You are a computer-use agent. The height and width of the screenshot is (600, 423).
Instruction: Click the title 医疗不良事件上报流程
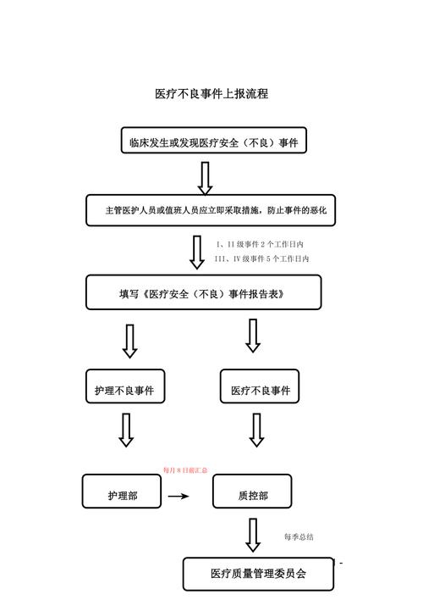click(211, 94)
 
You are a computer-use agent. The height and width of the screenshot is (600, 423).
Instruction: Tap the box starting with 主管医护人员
click(211, 210)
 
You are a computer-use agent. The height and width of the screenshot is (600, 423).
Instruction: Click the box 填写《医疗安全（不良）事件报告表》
click(203, 293)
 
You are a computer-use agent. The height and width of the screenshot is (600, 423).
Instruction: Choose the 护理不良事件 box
click(124, 390)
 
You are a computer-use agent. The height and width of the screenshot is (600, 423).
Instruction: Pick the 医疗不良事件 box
click(260, 390)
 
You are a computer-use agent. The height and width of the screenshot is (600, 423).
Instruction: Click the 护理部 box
click(122, 495)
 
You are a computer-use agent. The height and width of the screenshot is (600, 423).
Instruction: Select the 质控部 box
click(252, 495)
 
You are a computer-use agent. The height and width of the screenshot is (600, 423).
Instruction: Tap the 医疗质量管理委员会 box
click(258, 574)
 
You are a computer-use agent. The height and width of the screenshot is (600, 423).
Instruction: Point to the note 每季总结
click(299, 536)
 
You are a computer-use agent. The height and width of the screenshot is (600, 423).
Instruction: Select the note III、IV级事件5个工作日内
click(262, 258)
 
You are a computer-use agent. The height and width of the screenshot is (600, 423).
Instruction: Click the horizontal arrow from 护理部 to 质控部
click(179, 496)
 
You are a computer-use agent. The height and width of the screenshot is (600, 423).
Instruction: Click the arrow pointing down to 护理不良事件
click(129, 341)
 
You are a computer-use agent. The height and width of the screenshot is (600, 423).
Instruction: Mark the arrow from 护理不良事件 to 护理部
click(126, 430)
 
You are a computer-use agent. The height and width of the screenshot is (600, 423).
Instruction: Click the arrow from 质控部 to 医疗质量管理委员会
click(252, 535)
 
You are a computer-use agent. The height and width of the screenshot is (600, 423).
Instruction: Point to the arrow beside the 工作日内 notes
click(197, 252)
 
